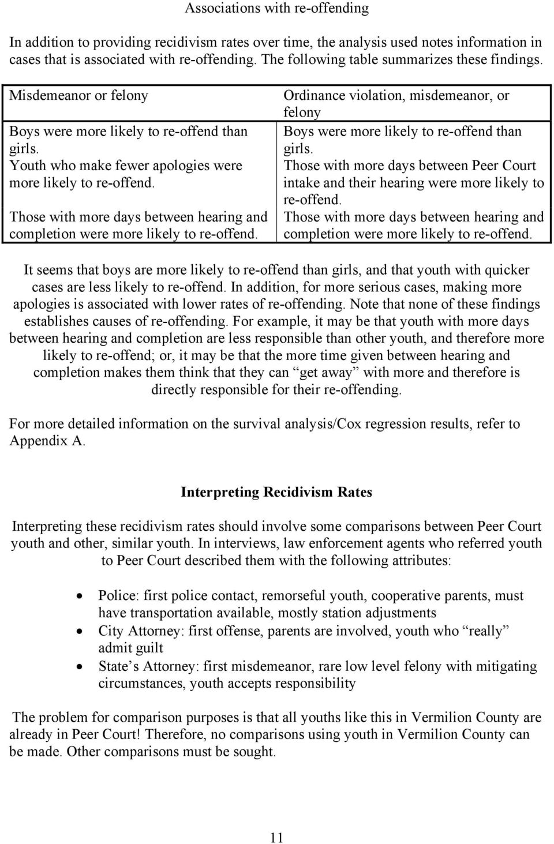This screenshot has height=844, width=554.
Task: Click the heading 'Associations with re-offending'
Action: click(x=276, y=8)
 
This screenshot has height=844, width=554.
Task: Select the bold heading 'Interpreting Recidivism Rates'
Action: click(x=276, y=492)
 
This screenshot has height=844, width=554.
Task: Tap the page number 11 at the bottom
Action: click(x=276, y=838)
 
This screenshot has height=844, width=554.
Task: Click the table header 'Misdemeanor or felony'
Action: click(x=79, y=95)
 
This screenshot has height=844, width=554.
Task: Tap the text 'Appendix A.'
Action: click(x=48, y=441)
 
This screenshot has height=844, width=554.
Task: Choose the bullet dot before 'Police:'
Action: click(x=80, y=597)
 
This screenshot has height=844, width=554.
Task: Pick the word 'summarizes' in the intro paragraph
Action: click(x=239, y=59)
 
